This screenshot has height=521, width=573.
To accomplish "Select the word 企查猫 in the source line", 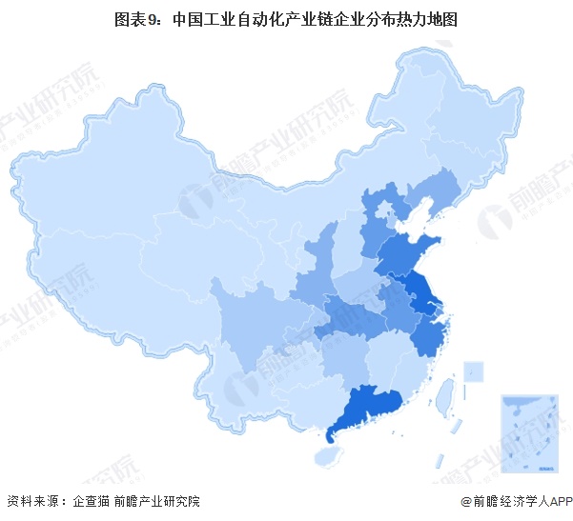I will click(92, 501).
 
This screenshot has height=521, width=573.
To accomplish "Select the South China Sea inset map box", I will click(526, 434).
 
